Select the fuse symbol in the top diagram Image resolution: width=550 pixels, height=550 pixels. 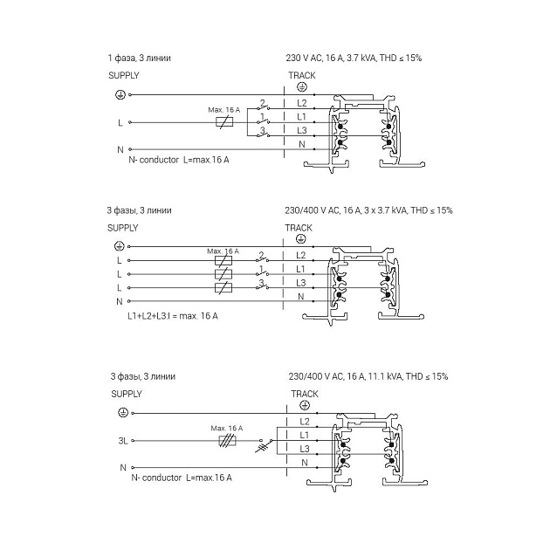tap(224, 123)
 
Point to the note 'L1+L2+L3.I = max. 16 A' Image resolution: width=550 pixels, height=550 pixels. tap(172, 315)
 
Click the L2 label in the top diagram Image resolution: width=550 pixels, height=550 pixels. tap(301, 103)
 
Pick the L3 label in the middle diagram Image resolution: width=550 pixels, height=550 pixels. tap(301, 283)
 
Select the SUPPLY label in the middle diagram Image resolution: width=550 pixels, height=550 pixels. tap(123, 227)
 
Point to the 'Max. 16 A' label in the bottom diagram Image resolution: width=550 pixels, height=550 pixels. tap(227, 429)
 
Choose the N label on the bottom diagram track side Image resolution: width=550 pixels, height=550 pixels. tap(304, 462)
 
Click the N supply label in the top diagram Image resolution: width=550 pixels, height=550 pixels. tap(120, 150)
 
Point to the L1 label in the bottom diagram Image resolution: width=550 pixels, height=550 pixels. tap(304, 434)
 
